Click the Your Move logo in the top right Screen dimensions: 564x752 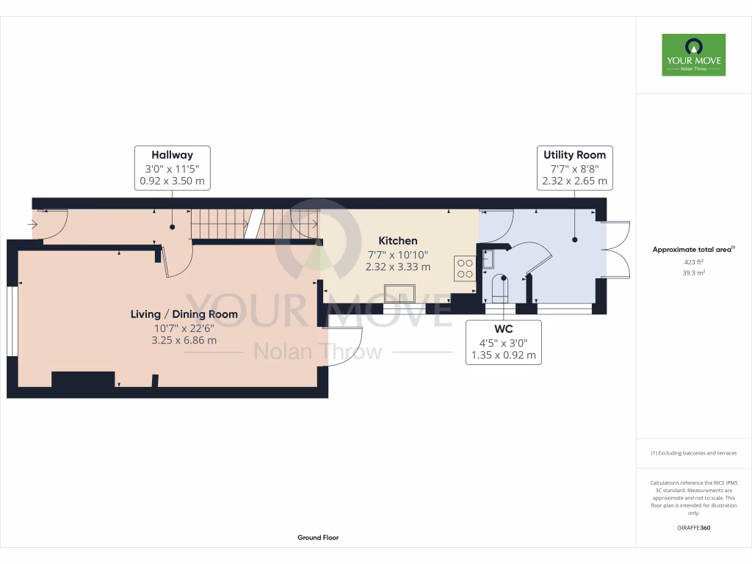tap(693, 54)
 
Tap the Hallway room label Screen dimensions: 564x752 tap(172, 155)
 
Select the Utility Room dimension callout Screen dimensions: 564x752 tap(574, 167)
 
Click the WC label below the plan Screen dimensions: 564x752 tap(504, 329)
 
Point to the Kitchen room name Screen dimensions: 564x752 tap(398, 241)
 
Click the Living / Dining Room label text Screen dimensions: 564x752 tap(184, 314)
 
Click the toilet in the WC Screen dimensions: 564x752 tap(501, 288)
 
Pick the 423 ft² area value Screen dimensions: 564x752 tap(693, 261)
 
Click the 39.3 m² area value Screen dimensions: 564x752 tap(693, 272)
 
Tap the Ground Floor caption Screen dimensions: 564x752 tap(318, 538)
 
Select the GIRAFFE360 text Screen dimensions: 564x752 tap(693, 528)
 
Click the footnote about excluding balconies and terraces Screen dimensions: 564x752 tap(693, 453)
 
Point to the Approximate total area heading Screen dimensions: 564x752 tap(693, 250)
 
